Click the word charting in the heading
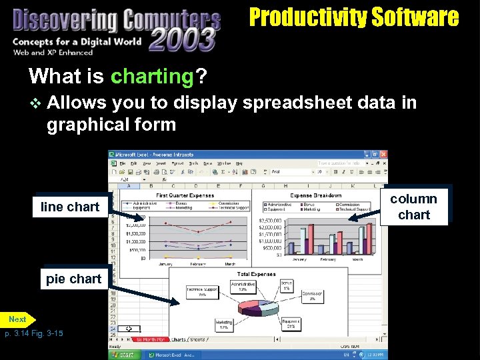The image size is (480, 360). pyautogui.click(x=151, y=76)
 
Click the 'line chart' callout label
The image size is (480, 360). pyautogui.click(x=69, y=207)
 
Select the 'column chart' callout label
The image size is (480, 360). pyautogui.click(x=413, y=207)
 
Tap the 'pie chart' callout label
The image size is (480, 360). pyautogui.click(x=73, y=279)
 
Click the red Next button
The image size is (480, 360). pyautogui.click(x=17, y=319)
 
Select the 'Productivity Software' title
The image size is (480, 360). pyautogui.click(x=354, y=17)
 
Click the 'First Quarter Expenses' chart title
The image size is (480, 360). pyautogui.click(x=185, y=196)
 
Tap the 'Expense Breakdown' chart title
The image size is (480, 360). pyautogui.click(x=317, y=196)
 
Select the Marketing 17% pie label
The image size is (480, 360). pyautogui.click(x=223, y=325)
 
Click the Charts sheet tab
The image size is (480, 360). pyautogui.click(x=179, y=339)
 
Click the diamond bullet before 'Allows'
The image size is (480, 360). pyautogui.click(x=35, y=103)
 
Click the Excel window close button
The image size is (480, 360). pyautogui.click(x=383, y=154)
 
